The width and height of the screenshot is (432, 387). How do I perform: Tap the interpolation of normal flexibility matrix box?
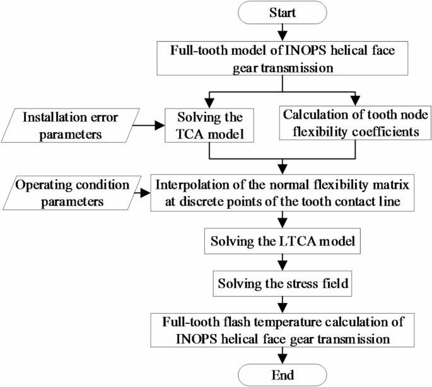[x=283, y=193]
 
